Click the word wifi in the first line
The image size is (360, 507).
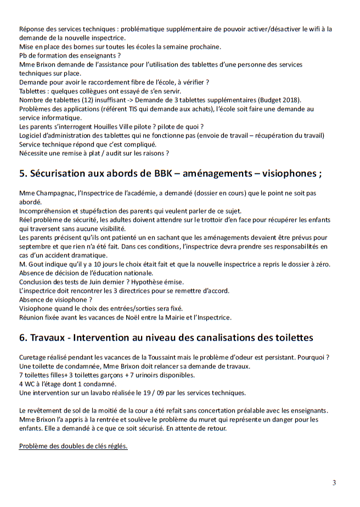(x=318, y=29)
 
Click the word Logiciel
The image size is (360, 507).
(x=32, y=135)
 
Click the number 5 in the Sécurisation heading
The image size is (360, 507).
(x=22, y=174)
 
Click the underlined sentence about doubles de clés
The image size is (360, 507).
(x=74, y=446)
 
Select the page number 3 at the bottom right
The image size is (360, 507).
(x=334, y=483)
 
